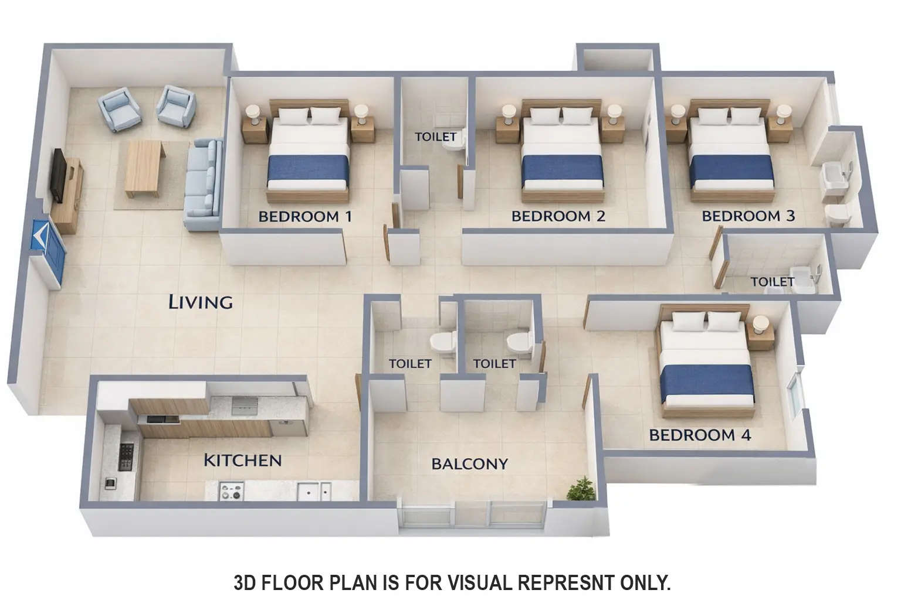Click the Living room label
[200, 302]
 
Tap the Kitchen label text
[242, 461]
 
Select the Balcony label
[469, 464]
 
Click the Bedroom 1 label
[305, 216]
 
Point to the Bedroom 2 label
[558, 216]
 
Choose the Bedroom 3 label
[748, 216]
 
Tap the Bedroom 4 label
[700, 435]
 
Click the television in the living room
[58, 175]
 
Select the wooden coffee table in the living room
[143, 168]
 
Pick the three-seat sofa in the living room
[203, 184]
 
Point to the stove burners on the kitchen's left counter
[126, 456]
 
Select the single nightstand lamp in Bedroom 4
[760, 324]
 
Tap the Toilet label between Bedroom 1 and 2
[435, 137]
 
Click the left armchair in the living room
[120, 109]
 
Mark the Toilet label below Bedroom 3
[772, 282]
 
